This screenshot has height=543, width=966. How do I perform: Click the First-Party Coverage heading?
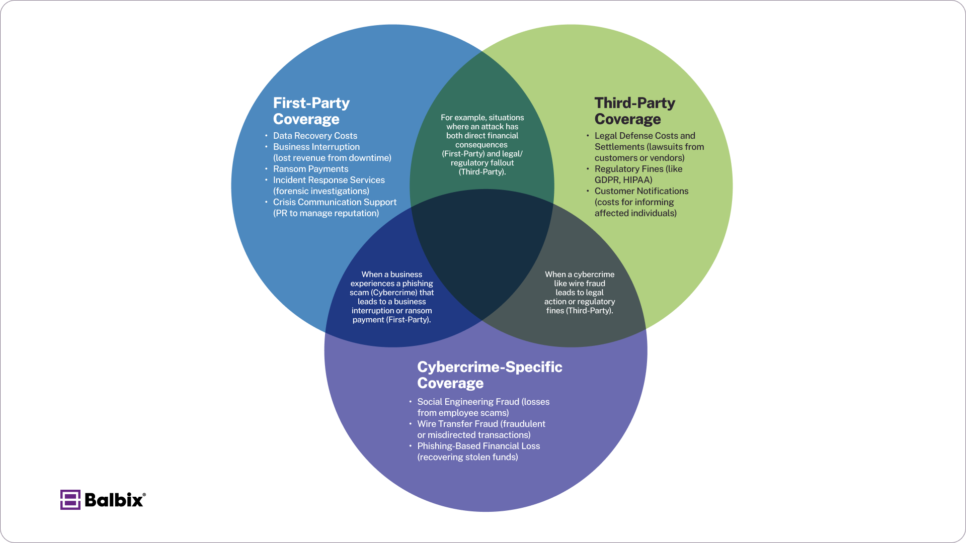[311, 111]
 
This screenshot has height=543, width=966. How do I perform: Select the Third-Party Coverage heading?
[634, 111]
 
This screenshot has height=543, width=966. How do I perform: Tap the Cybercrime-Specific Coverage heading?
[489, 375]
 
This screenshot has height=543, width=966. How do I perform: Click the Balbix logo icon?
[70, 500]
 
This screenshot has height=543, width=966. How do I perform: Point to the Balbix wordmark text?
[114, 500]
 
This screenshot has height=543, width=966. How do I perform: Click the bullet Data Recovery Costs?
[315, 136]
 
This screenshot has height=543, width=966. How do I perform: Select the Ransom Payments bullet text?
[310, 169]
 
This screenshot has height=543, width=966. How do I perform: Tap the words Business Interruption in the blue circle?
[316, 147]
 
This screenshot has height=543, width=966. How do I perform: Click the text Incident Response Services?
[329, 180]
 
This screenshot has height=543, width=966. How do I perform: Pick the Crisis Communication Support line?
[335, 202]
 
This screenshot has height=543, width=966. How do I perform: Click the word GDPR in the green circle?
[606, 180]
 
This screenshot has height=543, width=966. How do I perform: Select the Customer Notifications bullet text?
[641, 191]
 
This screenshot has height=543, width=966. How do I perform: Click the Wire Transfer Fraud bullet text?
[457, 424]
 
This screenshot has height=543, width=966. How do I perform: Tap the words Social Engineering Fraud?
[468, 402]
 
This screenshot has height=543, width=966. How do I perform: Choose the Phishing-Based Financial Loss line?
[478, 446]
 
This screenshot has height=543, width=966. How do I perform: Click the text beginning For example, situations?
[482, 118]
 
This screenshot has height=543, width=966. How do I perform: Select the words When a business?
[391, 275]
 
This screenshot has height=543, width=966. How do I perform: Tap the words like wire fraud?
[580, 284]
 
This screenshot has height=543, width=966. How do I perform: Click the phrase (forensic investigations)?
[321, 191]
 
